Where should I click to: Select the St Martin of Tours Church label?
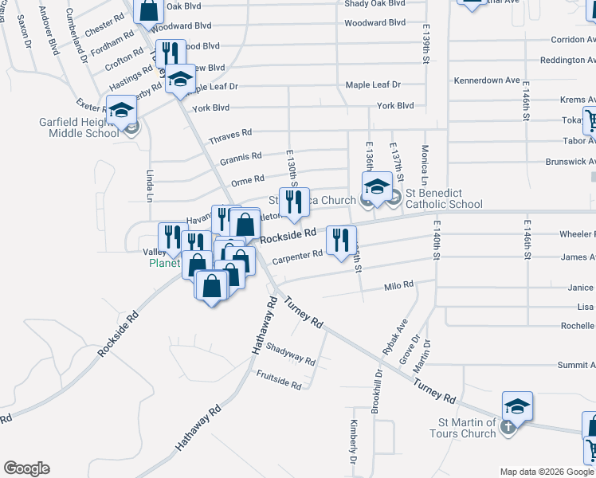click(x=467, y=428)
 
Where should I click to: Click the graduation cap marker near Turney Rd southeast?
click(x=517, y=408)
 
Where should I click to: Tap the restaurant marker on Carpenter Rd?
click(x=341, y=240)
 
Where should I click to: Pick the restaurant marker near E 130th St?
click(x=294, y=202)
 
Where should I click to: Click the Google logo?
click(x=26, y=468)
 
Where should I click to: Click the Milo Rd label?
click(x=399, y=284)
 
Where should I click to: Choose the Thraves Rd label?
click(x=229, y=136)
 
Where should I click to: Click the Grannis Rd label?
click(x=241, y=158)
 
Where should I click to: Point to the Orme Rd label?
click(x=247, y=179)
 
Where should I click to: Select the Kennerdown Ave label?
click(x=486, y=80)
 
